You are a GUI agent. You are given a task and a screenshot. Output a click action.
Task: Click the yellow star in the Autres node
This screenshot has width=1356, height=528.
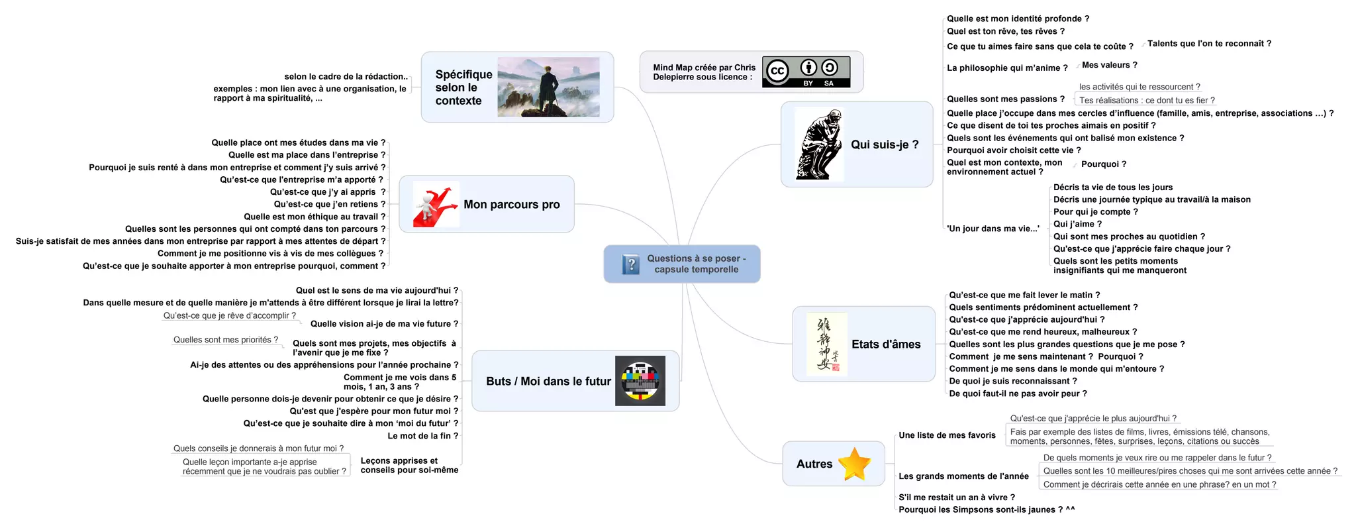pos(854,464)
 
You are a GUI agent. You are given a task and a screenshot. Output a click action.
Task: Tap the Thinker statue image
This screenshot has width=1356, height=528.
pos(819,144)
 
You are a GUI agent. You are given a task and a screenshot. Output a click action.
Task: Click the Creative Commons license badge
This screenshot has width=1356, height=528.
pos(806,72)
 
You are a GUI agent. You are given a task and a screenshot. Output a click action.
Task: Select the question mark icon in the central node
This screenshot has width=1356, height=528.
pos(631,264)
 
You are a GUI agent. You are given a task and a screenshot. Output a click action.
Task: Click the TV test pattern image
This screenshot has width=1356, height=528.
pos(640,381)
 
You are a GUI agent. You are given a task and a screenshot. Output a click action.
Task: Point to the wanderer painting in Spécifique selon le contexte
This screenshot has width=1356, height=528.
pos(548,87)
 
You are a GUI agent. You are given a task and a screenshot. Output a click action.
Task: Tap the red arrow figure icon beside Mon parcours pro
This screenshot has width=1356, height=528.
pos(435,205)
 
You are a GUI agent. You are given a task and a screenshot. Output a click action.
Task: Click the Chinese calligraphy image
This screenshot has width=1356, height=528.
pos(826,344)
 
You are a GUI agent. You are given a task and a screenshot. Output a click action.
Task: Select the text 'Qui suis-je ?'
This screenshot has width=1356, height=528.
pos(885,144)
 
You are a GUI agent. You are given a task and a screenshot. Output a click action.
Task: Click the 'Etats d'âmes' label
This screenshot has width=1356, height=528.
pos(886,344)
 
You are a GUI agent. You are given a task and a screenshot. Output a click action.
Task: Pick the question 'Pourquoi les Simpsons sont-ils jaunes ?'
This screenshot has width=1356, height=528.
pos(986,509)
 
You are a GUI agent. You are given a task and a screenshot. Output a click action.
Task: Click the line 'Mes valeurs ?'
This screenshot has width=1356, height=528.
pos(1109,65)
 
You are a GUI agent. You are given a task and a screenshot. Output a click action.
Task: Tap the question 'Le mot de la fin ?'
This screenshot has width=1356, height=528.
pos(422,436)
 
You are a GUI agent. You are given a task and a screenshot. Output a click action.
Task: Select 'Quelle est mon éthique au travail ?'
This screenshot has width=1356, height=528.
pos(314,217)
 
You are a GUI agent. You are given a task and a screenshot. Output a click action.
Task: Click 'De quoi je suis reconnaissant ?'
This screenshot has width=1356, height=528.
pos(1012,381)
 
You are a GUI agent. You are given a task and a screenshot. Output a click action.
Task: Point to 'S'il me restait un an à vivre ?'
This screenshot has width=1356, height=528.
pos(956,497)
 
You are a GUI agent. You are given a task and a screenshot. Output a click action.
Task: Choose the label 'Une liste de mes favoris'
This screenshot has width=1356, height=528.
pos(947,435)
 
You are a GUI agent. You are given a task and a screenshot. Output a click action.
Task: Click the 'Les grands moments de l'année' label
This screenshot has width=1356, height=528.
pos(963,476)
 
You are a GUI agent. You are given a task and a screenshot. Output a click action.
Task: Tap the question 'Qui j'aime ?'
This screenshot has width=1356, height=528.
pos(1077,224)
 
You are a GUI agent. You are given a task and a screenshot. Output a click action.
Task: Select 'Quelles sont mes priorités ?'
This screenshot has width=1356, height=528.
pos(225,340)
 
